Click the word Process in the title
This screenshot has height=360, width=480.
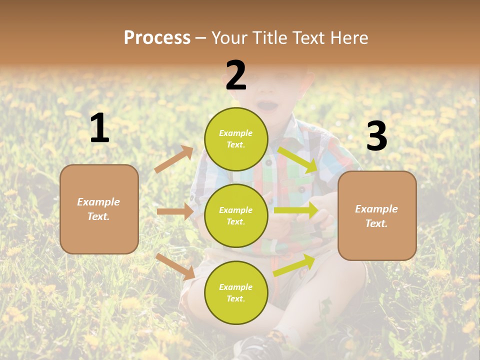[157, 37]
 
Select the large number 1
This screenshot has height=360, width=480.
[99, 128]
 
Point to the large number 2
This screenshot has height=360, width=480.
[236, 75]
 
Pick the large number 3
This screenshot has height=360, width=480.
[376, 136]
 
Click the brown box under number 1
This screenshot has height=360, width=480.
[99, 209]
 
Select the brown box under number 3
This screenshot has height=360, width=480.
[377, 216]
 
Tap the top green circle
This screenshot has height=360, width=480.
[236, 139]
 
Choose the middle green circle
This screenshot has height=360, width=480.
[236, 216]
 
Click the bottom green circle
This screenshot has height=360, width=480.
[236, 293]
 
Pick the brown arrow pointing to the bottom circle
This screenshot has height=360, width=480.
[175, 266]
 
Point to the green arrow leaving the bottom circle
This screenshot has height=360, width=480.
[294, 265]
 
